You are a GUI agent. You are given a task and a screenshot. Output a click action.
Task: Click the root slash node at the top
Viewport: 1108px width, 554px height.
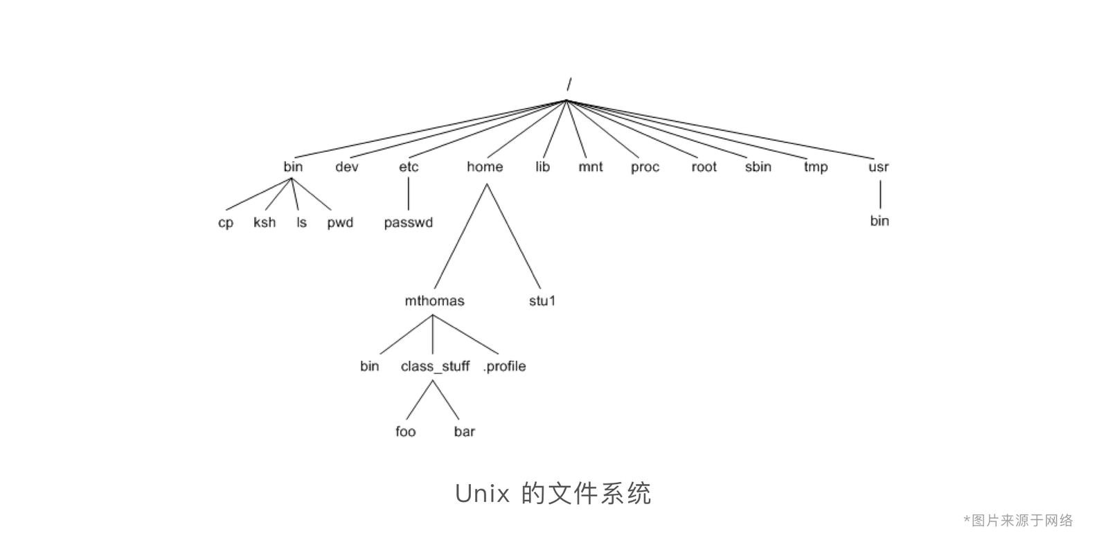(x=569, y=85)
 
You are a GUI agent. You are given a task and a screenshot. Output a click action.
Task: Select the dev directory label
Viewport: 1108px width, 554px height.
(x=347, y=167)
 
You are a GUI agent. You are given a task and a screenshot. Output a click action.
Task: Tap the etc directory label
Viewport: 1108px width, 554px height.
(x=409, y=167)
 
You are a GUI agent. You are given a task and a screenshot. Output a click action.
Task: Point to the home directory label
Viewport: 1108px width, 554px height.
(x=485, y=167)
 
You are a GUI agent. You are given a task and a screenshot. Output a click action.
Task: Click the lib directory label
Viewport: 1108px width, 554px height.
(x=542, y=167)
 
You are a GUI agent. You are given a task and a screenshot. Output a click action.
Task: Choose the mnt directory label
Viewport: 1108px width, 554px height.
(x=591, y=167)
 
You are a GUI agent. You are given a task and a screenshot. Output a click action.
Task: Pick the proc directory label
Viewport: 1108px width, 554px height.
(x=645, y=168)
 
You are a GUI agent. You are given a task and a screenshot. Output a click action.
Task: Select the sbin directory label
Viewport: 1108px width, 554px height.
(x=758, y=167)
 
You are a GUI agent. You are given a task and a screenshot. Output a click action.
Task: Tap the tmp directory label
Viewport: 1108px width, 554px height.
(x=816, y=168)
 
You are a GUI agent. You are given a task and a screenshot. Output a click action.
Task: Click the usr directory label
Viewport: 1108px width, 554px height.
(x=878, y=167)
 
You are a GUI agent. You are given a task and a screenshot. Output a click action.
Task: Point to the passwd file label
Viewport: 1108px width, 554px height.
(x=409, y=222)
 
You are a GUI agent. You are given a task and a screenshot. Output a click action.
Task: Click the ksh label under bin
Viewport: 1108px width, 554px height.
(x=265, y=222)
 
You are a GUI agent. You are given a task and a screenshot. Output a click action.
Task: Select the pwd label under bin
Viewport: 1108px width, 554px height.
(x=340, y=223)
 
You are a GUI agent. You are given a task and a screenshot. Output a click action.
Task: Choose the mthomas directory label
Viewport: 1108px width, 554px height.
(x=434, y=301)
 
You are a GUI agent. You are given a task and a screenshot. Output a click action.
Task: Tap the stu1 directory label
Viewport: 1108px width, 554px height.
(x=542, y=301)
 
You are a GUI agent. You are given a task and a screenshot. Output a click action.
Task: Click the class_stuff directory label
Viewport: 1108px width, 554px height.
(x=435, y=366)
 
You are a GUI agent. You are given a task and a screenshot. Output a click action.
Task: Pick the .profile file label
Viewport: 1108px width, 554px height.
(x=504, y=366)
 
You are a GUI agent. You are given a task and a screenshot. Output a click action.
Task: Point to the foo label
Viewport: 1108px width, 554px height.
(x=406, y=431)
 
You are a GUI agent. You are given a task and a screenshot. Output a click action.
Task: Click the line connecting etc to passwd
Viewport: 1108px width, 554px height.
(x=409, y=194)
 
